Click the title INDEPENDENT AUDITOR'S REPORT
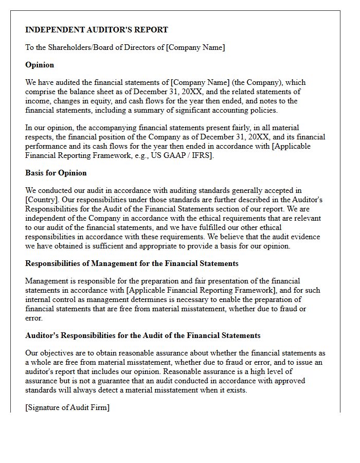click(x=96, y=30)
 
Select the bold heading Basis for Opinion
click(x=56, y=173)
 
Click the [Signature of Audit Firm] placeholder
click(x=67, y=407)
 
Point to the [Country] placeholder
click(x=41, y=200)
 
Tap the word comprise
click(x=41, y=92)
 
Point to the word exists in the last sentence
click(x=237, y=390)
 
